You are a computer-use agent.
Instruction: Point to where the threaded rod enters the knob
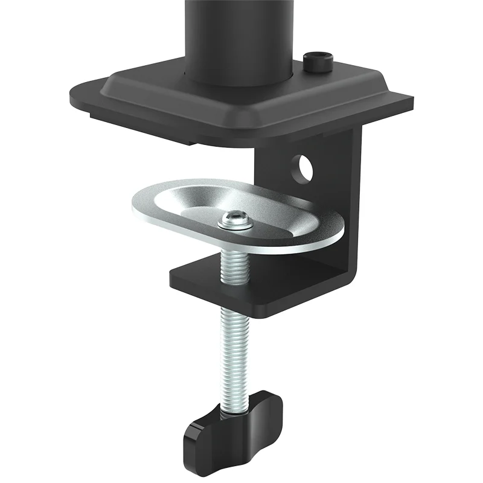click(235, 402)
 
